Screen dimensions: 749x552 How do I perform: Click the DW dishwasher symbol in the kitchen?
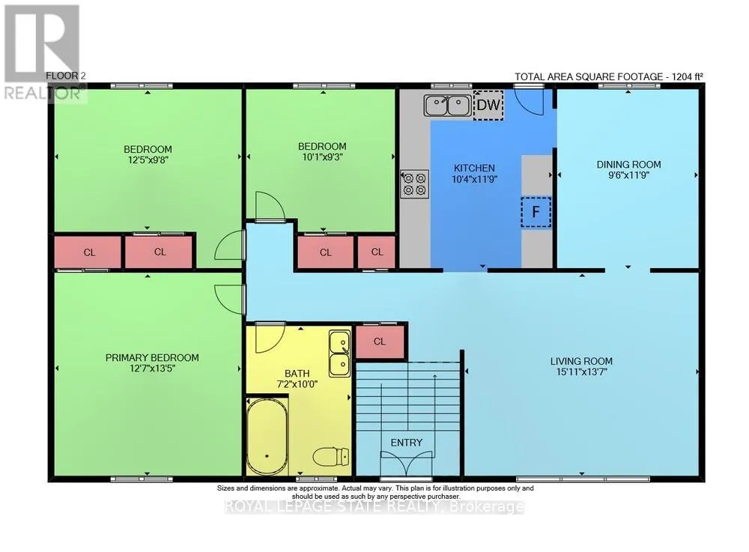point(488,105)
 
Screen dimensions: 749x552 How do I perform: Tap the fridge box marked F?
point(536,211)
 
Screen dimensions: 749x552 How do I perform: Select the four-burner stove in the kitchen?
point(414,185)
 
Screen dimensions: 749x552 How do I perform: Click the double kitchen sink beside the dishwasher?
point(448,106)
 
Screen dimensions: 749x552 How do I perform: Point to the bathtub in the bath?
point(267,435)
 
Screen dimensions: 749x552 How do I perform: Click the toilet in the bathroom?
point(332,457)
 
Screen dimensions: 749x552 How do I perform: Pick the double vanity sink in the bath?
point(339,354)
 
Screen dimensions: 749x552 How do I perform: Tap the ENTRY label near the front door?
point(407,443)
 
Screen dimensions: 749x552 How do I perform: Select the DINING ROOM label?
point(628,164)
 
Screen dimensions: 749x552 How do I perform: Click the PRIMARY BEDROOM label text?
point(152,358)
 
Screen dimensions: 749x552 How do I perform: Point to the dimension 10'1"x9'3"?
point(322,157)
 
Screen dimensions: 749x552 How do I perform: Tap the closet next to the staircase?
point(380,342)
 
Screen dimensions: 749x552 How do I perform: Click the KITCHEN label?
point(474,168)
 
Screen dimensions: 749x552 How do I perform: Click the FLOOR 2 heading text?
point(65,76)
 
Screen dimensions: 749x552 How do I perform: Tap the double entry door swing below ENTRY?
point(407,464)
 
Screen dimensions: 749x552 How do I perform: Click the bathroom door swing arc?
point(270,339)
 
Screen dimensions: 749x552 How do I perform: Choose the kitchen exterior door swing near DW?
point(530,101)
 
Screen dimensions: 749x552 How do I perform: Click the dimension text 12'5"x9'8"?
point(148,160)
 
